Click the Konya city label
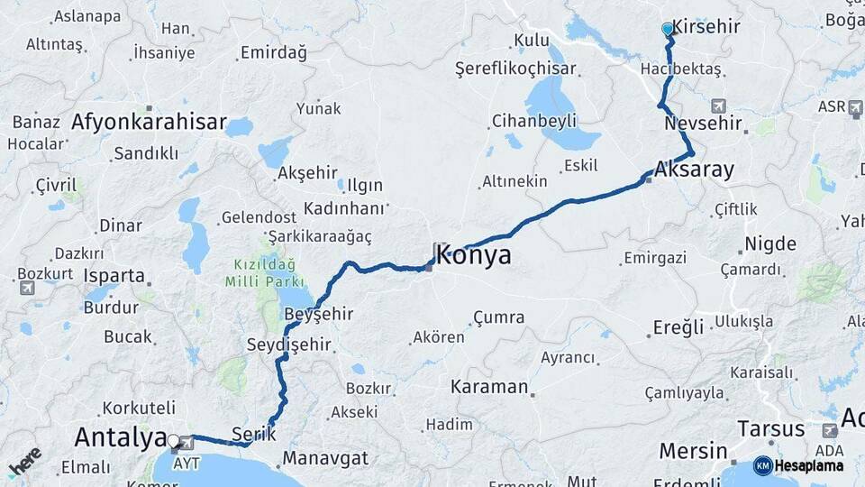pos(475,255)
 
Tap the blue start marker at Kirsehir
pos(668,30)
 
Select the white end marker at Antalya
pos(173,441)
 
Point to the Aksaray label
pos(695,170)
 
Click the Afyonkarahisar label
pos(149,122)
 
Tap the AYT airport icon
pos(187,442)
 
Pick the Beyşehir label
pos(318,314)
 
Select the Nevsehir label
pos(702,124)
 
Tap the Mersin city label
pos(693,450)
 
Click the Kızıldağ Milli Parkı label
pos(271,275)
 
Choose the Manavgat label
pos(325,458)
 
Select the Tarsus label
pos(770,428)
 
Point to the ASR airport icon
pos(854,107)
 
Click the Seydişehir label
pos(286,345)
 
